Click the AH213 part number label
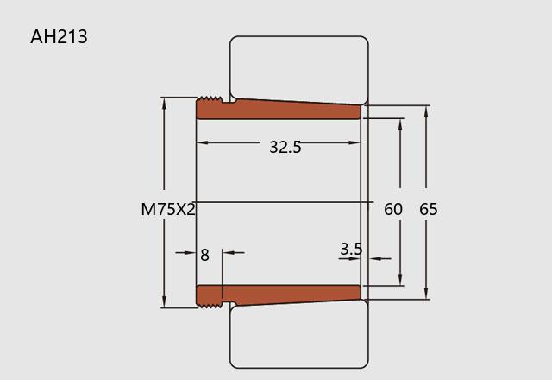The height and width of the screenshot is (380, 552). (59, 36)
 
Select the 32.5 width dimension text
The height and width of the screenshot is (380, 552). (285, 147)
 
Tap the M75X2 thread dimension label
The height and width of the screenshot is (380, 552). (168, 209)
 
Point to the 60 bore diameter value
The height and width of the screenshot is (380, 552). (393, 209)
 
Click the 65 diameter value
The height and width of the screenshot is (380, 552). (429, 209)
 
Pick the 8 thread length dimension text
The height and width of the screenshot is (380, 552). (204, 255)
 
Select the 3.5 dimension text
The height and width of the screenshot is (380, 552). (351, 249)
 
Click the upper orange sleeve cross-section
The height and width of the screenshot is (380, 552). (278, 109)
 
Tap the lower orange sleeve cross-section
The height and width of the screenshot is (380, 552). (278, 296)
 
